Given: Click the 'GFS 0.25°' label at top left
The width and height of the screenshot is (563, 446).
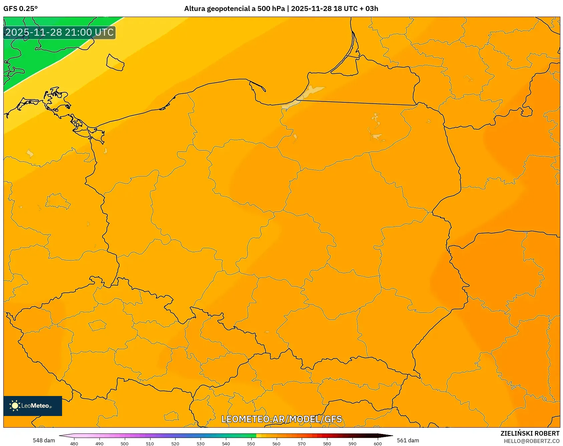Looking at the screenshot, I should pos(20,9).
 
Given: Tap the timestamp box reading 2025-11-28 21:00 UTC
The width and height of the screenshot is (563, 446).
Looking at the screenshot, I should pos(59,32).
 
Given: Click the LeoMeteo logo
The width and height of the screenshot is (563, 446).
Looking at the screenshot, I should pos(33,406).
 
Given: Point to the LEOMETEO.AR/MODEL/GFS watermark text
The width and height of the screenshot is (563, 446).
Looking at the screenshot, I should pos(281,419).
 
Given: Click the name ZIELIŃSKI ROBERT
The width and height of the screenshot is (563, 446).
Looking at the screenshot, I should pos(530,433).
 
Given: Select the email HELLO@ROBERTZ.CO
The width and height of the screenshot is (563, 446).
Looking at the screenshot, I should pos(531,441).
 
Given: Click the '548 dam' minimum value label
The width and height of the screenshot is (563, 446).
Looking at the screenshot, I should pos(44,440).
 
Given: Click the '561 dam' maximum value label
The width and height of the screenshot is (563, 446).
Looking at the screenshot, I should pos(408,440).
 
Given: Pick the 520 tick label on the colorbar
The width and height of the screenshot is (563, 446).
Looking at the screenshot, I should pos(175,444).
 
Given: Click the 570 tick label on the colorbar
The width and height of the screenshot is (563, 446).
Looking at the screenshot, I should pos(302,444).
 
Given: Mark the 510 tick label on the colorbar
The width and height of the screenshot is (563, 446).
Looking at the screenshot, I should pos(150,444).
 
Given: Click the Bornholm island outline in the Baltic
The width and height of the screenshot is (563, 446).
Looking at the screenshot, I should pos(115,62).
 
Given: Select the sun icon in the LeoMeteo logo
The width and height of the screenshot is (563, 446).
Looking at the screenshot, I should pos(15,406).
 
